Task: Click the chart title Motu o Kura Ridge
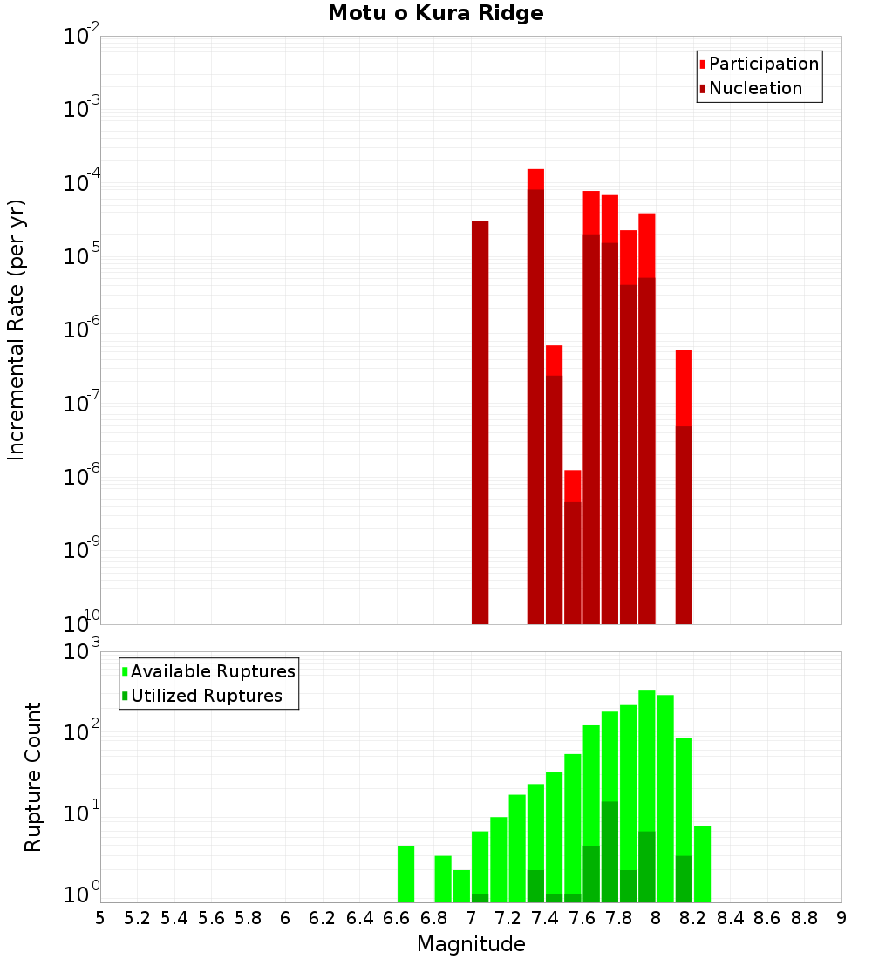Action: point(435,14)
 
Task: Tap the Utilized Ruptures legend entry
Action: point(205,697)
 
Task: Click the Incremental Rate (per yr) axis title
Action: point(17,330)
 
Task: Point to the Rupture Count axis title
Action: point(33,777)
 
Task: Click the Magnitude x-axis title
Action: point(471,944)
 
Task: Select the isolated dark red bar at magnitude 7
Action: point(480,422)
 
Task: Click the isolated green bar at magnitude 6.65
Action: point(405,874)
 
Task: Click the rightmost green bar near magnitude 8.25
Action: point(702,863)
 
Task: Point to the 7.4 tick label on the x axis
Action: point(544,918)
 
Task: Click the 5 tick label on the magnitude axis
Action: point(100,918)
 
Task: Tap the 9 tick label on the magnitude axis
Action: point(841,918)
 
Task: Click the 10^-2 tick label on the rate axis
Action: point(82,37)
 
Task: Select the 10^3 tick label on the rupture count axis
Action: point(84,652)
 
